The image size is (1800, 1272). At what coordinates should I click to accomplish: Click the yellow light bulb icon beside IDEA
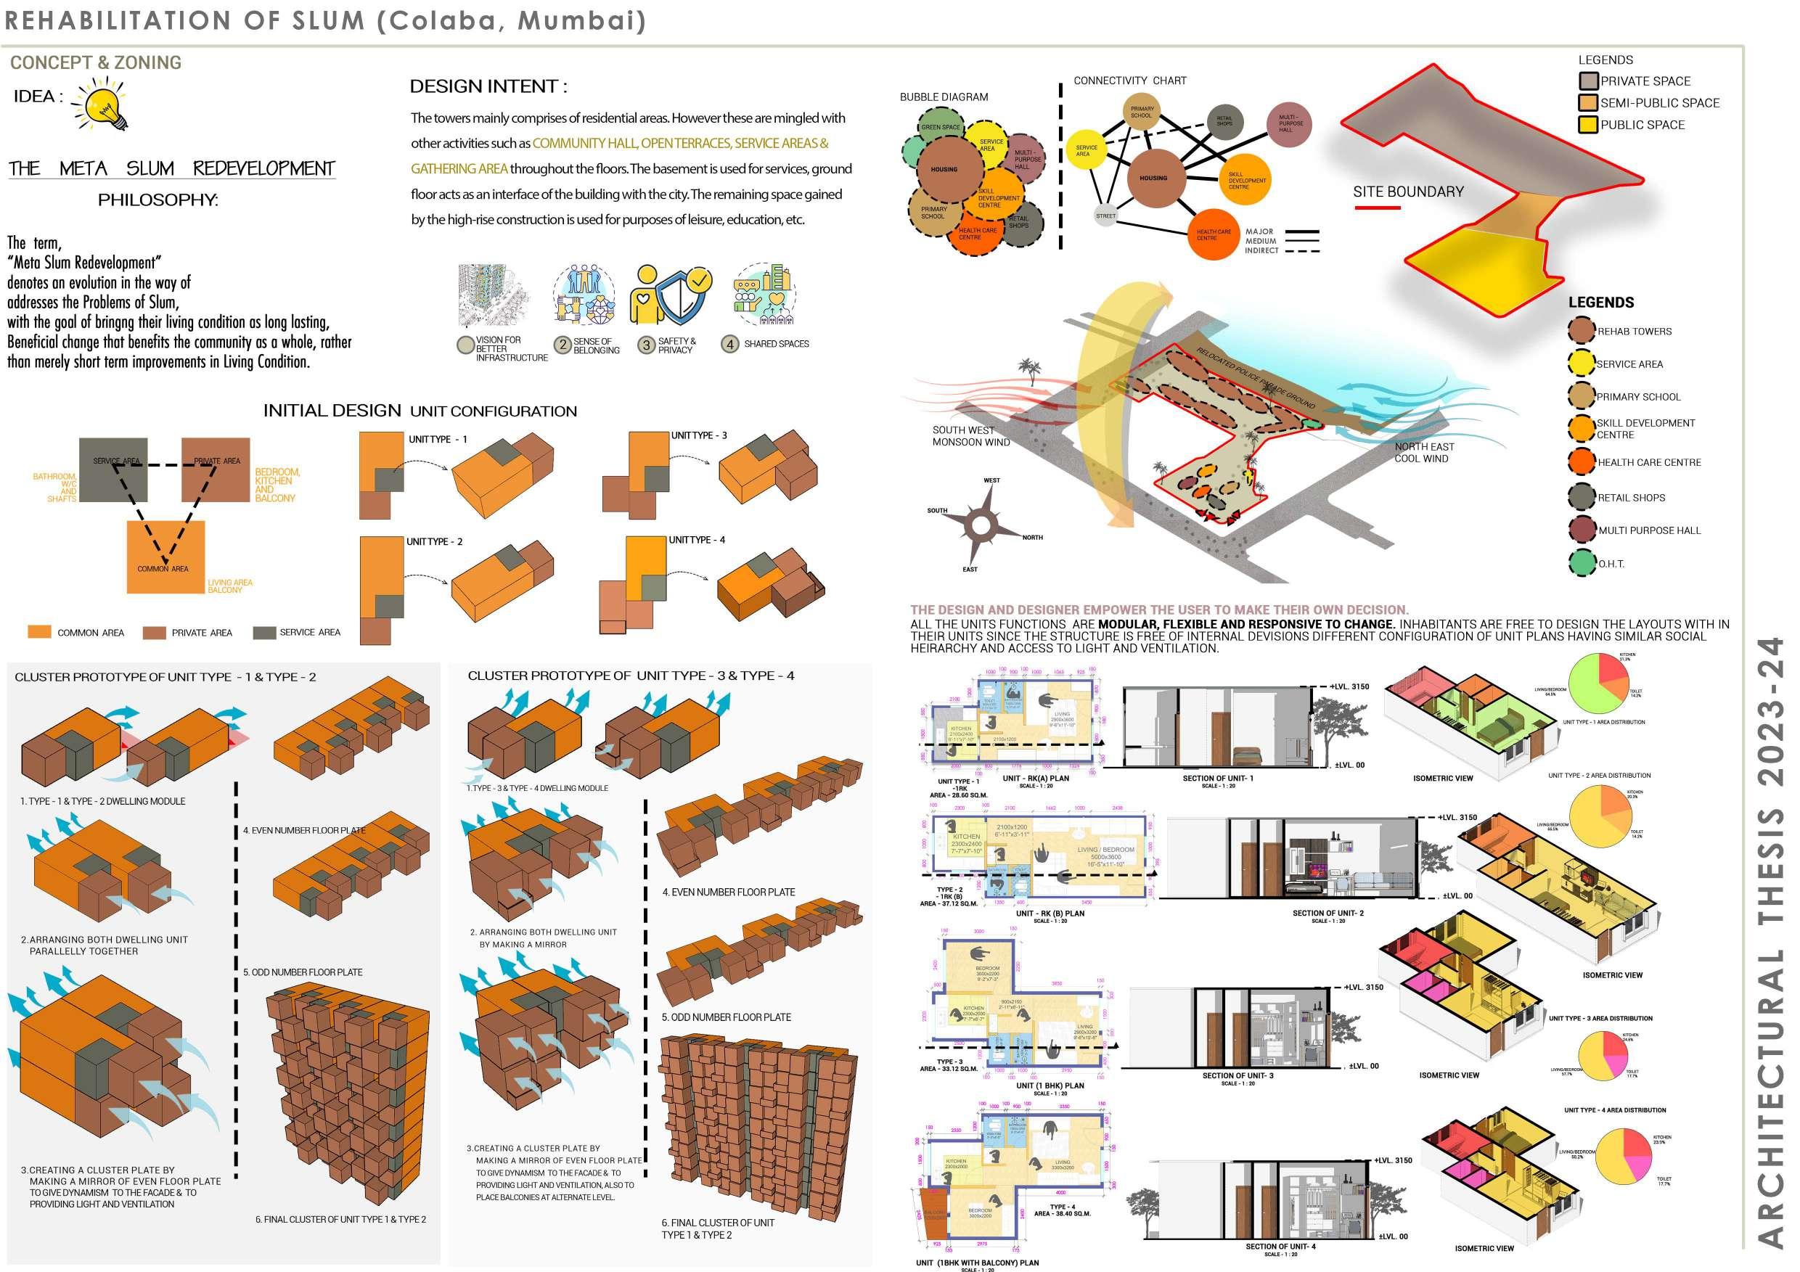(x=105, y=107)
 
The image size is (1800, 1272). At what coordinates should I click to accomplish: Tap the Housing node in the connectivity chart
(x=1153, y=179)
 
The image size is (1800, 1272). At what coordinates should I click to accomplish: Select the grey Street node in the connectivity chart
(x=1105, y=216)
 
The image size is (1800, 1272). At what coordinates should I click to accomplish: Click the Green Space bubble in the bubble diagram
(x=940, y=127)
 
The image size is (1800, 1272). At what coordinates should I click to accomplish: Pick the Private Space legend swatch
(x=1588, y=81)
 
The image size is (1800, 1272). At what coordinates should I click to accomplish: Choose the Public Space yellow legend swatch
(x=1588, y=125)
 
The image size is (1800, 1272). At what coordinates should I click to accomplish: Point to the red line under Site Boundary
(x=1378, y=208)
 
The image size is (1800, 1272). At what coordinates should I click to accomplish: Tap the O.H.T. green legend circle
(x=1582, y=563)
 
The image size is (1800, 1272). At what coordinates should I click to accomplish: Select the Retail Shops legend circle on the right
(x=1582, y=497)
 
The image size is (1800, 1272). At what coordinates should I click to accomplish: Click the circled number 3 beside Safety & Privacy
(x=646, y=345)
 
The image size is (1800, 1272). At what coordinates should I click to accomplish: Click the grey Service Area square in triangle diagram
(x=113, y=469)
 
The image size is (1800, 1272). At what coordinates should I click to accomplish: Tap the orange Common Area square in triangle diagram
(x=165, y=557)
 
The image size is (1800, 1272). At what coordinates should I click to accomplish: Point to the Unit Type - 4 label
(x=696, y=540)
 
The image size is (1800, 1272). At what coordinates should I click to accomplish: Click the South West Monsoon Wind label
(x=970, y=436)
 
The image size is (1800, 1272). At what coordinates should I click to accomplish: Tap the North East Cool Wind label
(x=1424, y=452)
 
